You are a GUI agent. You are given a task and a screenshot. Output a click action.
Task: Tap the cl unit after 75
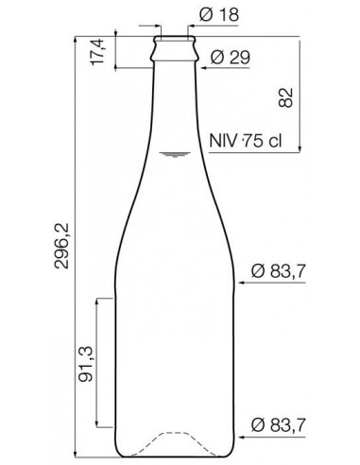[275, 142]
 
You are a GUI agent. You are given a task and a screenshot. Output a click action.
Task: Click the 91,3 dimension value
[85, 364]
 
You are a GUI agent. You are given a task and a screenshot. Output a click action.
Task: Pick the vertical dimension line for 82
[300, 95]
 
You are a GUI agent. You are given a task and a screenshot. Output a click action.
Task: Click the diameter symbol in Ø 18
[206, 15]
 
